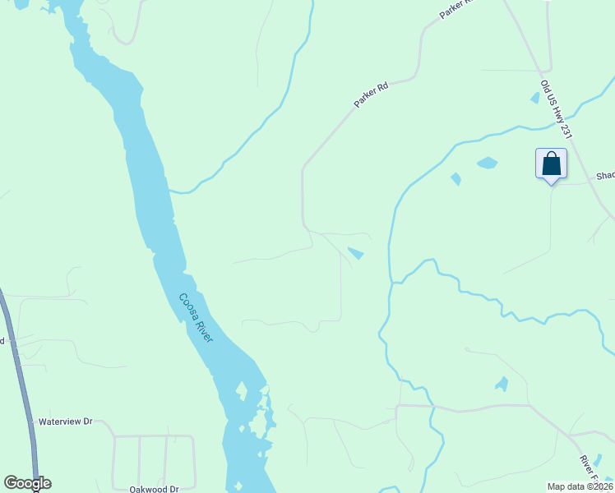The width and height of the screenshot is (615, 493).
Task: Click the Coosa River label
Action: (x=197, y=318)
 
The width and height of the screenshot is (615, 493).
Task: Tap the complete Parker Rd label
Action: (x=371, y=93)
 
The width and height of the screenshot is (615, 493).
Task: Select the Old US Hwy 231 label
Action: (x=556, y=108)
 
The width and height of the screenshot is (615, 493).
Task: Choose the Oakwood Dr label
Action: (x=154, y=489)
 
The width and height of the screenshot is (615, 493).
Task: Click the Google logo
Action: (x=27, y=483)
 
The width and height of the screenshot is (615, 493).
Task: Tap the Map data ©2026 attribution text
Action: (x=580, y=486)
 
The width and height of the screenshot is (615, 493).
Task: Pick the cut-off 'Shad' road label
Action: (x=605, y=176)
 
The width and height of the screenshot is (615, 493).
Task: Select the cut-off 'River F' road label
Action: (x=589, y=469)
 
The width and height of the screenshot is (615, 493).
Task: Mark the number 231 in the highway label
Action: (x=565, y=131)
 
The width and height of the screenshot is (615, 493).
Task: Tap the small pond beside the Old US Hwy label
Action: (x=535, y=98)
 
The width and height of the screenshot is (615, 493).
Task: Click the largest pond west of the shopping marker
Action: (x=487, y=163)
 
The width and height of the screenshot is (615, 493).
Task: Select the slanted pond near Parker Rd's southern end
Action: (x=356, y=253)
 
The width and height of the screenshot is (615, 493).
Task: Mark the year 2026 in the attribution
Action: (x=600, y=486)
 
